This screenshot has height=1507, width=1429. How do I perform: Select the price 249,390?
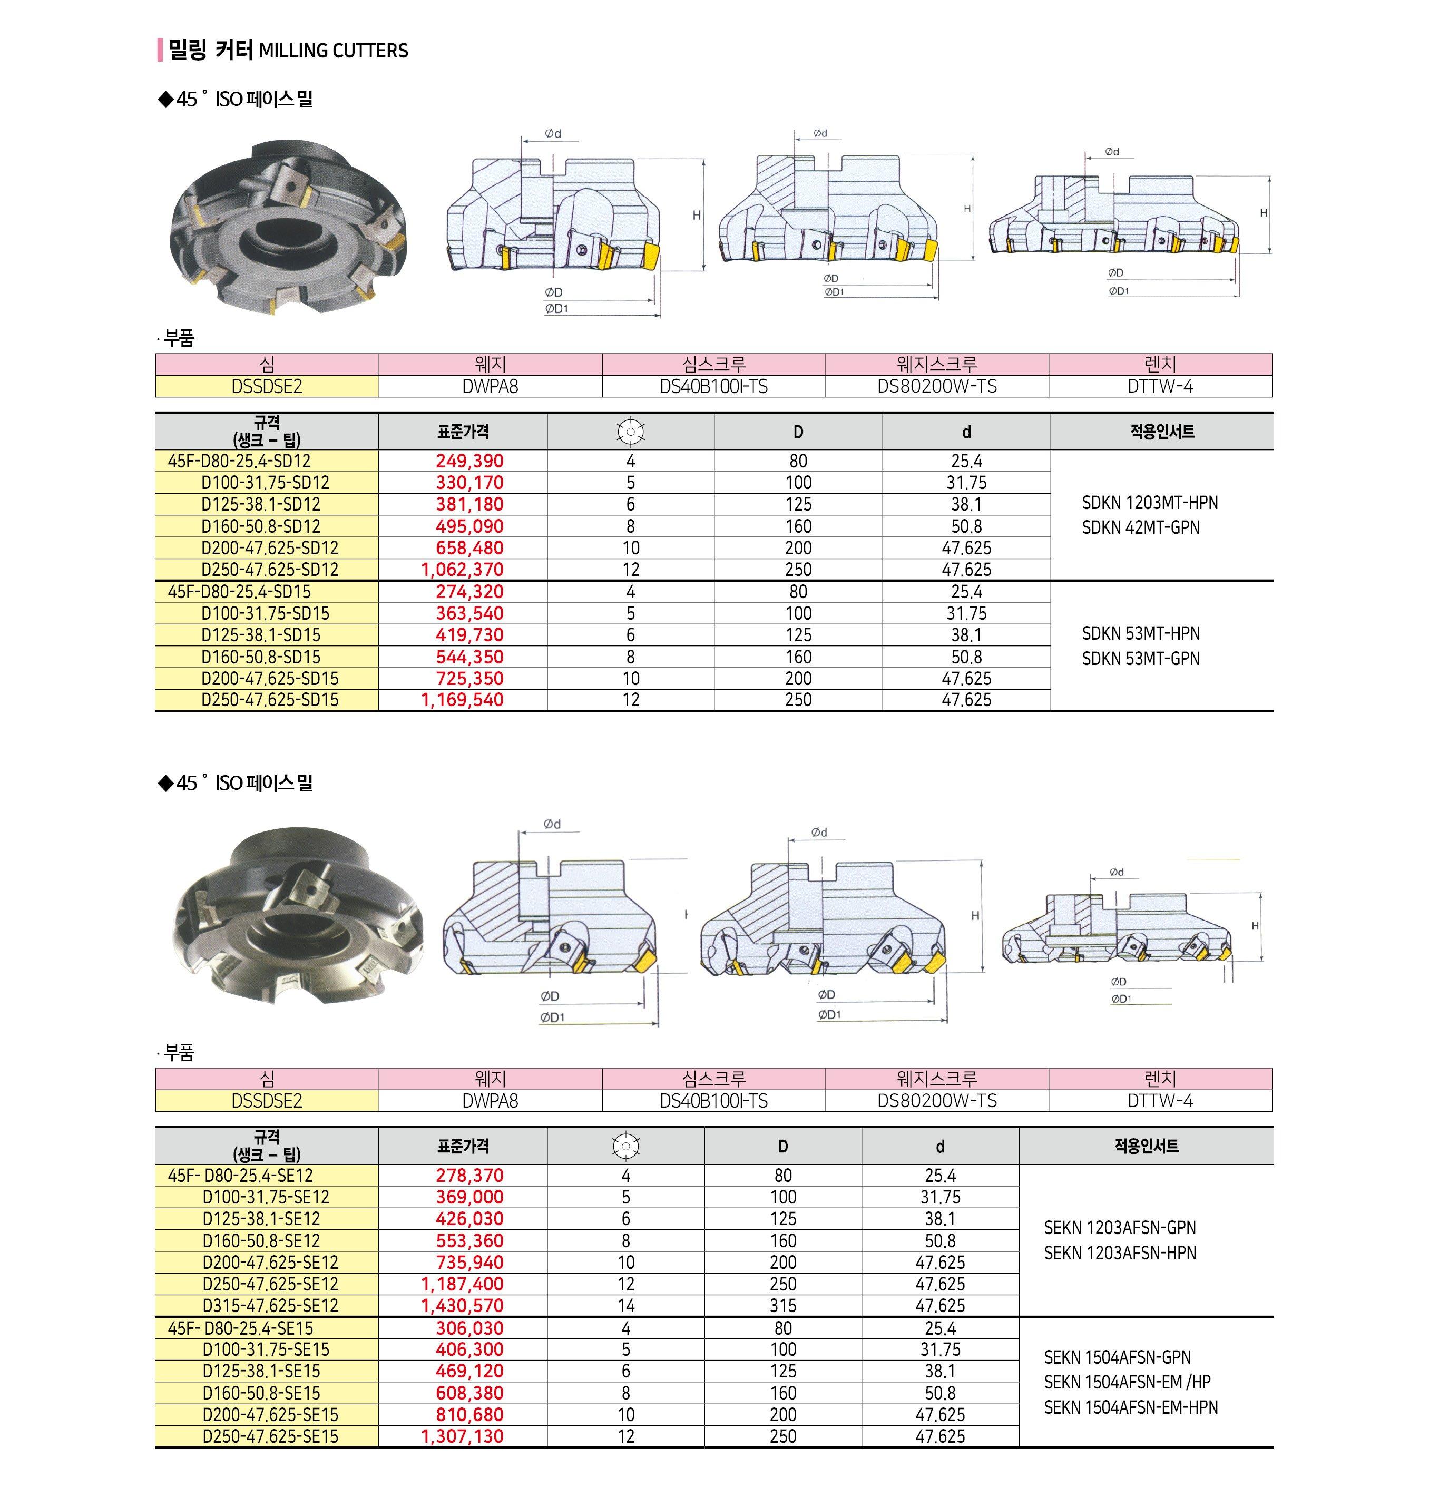pos(469,461)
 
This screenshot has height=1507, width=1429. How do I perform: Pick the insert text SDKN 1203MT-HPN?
pos(1149,503)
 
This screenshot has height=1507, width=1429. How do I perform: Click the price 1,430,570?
pos(462,1305)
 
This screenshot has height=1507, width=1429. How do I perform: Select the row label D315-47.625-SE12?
pos(270,1305)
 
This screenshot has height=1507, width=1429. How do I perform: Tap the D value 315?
pos(782,1305)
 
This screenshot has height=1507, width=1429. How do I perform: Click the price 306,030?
pos(469,1328)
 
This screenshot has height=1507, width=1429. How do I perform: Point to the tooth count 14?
pos(626,1305)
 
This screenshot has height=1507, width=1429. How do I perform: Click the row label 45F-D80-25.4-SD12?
pos(239,461)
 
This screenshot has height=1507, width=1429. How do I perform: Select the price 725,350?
pos(469,678)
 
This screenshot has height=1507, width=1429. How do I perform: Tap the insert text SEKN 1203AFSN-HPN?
pos(1120,1252)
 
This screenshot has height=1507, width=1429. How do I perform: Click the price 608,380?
pos(469,1393)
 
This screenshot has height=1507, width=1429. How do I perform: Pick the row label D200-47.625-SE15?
pos(270,1414)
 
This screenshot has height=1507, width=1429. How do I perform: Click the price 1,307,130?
pos(462,1436)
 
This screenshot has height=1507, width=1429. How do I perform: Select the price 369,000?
pos(469,1197)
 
